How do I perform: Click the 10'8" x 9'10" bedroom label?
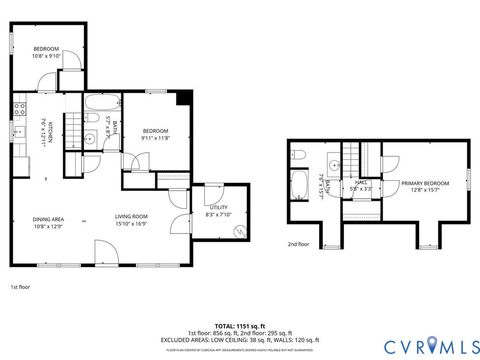[47, 53]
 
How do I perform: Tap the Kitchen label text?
[42, 132]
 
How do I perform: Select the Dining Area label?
[48, 221]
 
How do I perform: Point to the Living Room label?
[131, 221]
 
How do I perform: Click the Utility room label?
[218, 211]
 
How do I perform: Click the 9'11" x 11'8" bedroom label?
[155, 135]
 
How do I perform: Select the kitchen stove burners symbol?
[19, 109]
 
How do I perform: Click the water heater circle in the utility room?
[239, 232]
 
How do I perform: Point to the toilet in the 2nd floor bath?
[299, 156]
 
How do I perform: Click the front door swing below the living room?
[106, 251]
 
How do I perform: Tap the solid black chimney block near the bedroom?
[181, 97]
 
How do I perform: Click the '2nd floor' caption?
[299, 244]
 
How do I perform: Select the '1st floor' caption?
[20, 286]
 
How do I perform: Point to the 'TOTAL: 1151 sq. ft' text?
[239, 325]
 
